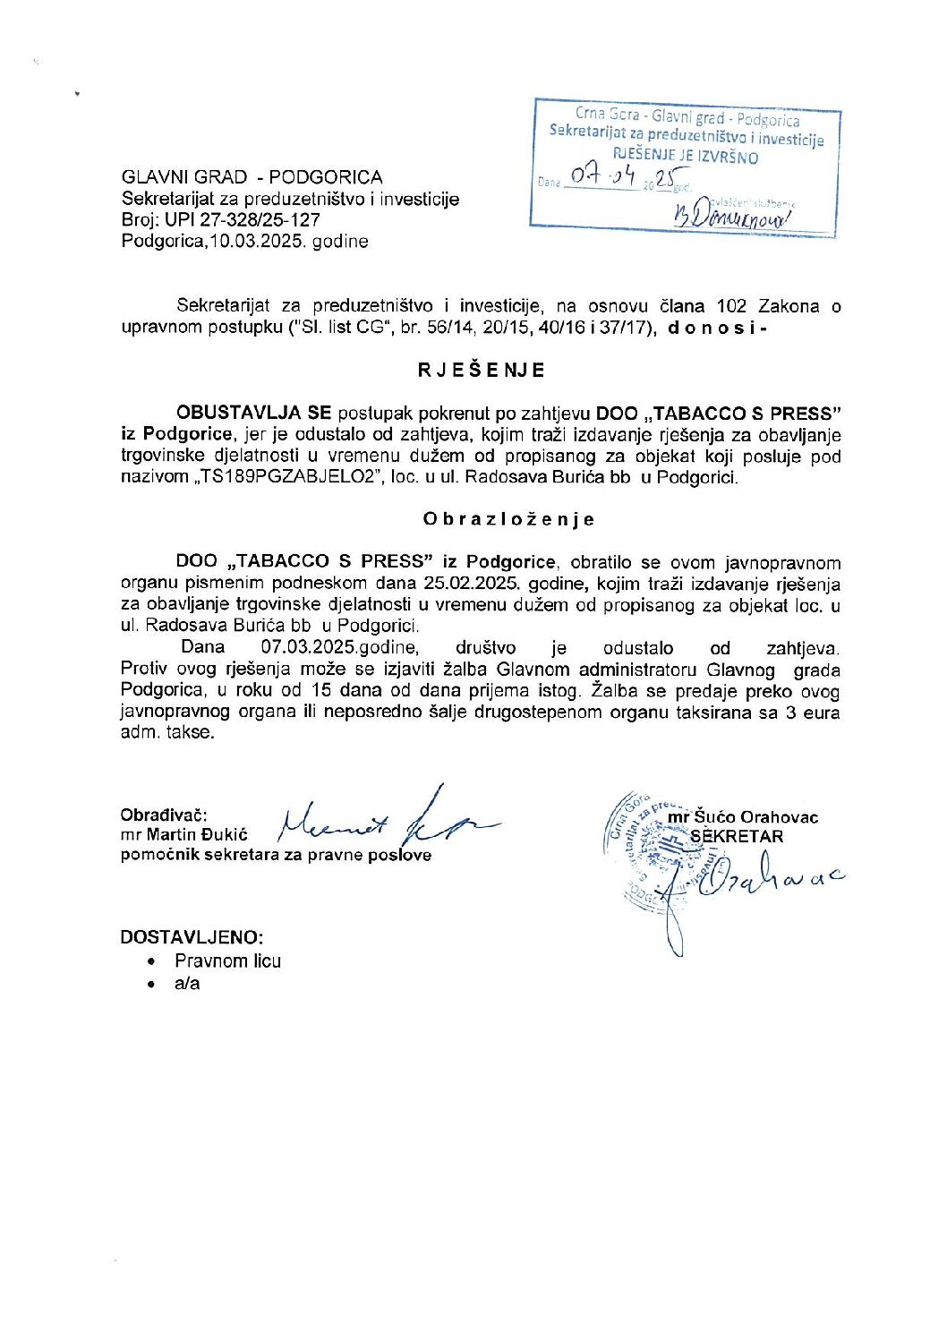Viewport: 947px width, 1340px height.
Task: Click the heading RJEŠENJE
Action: [481, 370]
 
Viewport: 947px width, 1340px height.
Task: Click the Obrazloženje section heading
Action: [508, 519]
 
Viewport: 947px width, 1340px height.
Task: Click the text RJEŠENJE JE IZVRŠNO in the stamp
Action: [686, 158]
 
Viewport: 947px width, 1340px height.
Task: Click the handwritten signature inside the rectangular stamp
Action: [729, 215]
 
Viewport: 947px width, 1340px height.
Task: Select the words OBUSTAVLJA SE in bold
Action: [253, 414]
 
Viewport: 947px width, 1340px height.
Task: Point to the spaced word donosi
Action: [717, 328]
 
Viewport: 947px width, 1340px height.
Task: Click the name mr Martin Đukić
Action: [184, 835]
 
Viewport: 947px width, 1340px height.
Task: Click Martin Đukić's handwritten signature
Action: [385, 815]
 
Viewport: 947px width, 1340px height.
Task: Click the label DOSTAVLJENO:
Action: [192, 937]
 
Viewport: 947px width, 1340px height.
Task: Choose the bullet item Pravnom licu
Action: [227, 961]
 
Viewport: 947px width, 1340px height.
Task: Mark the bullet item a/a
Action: [187, 984]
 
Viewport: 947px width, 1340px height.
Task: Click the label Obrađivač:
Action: [164, 815]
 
